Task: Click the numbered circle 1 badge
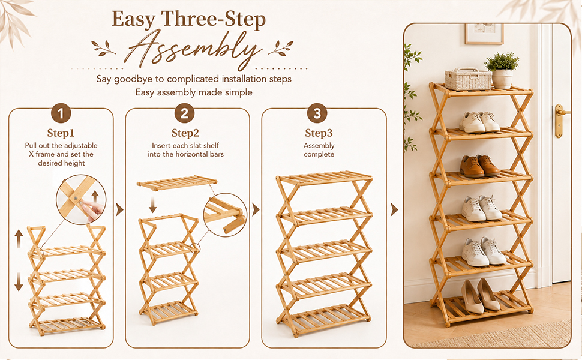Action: coord(61,113)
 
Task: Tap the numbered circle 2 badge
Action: coord(184,113)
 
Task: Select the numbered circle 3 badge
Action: coord(317,113)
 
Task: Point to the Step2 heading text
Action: coord(185,133)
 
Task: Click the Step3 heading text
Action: coord(319,133)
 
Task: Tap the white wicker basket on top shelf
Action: coord(468,79)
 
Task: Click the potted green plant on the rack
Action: coord(502,71)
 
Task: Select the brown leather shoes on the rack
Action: coord(479,166)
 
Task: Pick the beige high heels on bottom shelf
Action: coord(480,296)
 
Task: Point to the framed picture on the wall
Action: coord(484,34)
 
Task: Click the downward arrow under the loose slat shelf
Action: coord(152,205)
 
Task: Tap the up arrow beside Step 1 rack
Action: coord(19,239)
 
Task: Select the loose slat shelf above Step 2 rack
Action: coord(176,184)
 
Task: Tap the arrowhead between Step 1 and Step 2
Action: coord(119,209)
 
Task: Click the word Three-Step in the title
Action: coord(214,19)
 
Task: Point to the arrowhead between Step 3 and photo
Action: coord(394,209)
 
